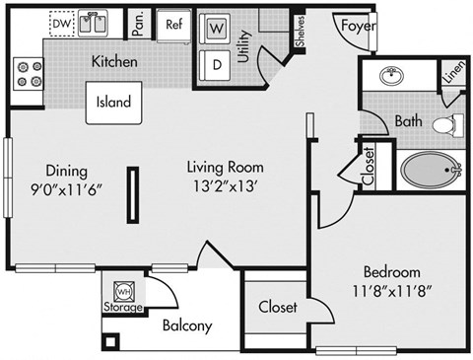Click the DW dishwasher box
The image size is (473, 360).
coord(61,22)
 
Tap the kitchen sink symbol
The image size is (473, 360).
coord(100,23)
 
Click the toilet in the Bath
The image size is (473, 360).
coord(447,124)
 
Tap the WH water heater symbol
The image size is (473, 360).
coord(124,291)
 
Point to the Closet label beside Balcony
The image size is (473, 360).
coord(278,307)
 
